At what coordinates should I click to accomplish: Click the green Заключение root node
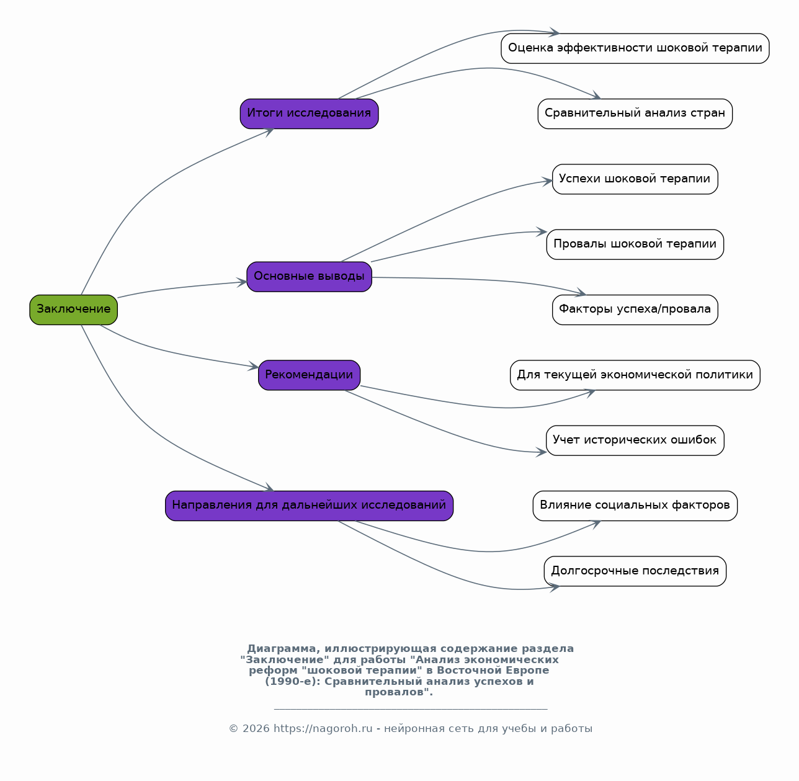pos(73,310)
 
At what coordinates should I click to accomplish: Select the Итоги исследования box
pos(309,114)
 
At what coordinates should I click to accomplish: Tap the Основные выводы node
pos(309,277)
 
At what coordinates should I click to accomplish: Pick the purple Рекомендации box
pos(309,375)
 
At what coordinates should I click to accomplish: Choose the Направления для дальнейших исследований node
pos(309,506)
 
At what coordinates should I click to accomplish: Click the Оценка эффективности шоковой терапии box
pos(635,48)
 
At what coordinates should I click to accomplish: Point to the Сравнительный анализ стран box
pos(635,114)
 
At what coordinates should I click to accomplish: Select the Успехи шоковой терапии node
pos(635,179)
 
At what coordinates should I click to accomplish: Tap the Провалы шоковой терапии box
pos(635,244)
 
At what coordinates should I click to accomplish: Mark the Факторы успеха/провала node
pos(635,310)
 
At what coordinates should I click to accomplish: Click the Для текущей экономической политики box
pos(635,375)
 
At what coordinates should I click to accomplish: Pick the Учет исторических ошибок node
pos(635,440)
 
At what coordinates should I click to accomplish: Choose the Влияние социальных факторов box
pos(635,506)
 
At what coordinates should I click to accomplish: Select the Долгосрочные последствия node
pos(635,571)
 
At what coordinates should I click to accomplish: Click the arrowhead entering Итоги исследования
pos(269,132)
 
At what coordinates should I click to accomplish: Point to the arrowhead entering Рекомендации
pos(253,366)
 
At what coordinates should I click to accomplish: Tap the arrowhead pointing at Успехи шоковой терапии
pos(547,181)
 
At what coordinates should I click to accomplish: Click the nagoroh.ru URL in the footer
pos(323,729)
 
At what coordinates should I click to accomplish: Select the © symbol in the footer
pos(233,729)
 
